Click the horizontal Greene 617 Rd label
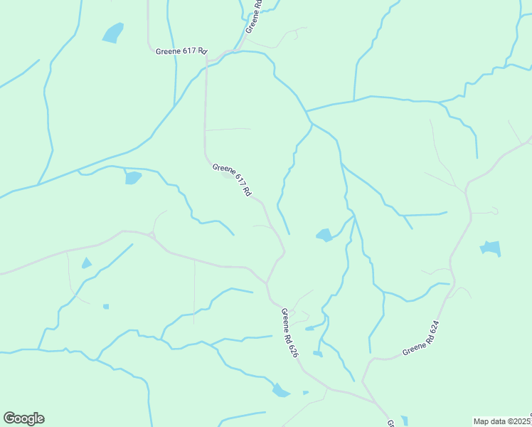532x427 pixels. (181, 51)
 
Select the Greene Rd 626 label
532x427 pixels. (289, 332)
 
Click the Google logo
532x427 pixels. (23, 418)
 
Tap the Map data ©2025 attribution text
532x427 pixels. (502, 421)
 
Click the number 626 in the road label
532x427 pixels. (292, 348)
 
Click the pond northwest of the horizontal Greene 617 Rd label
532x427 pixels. (112, 33)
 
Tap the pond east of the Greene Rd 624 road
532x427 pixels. (491, 248)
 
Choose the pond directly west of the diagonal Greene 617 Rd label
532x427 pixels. (133, 177)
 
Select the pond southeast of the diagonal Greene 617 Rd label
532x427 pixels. (324, 235)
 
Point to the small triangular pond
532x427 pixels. (87, 263)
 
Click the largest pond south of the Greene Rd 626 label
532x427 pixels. (280, 390)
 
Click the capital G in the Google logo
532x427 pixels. (10, 418)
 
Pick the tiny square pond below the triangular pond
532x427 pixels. (106, 307)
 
